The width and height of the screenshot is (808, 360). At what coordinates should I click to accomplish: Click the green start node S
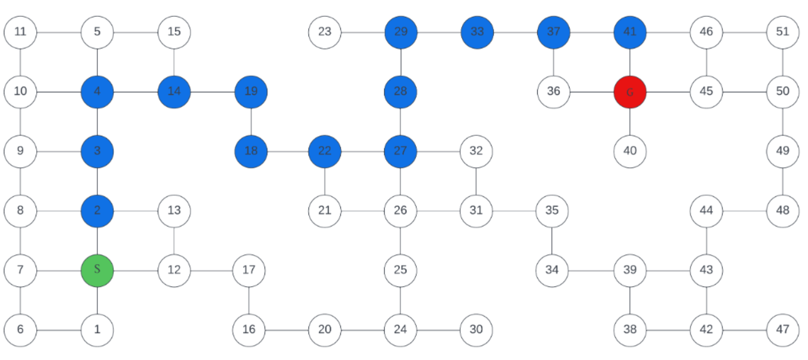97,270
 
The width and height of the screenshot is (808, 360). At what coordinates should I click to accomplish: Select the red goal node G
630,92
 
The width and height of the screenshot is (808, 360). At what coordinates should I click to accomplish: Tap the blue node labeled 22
325,152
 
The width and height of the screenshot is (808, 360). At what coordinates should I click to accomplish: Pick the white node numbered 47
782,330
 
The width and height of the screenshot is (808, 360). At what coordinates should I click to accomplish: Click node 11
20,32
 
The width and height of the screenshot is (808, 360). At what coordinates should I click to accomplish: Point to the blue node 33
477,32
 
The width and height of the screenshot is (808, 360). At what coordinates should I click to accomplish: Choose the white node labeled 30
476,330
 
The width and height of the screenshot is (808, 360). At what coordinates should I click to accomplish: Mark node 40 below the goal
630,152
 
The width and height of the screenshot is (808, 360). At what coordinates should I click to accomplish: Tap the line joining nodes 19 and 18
251,122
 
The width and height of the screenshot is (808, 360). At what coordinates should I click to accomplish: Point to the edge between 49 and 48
782,181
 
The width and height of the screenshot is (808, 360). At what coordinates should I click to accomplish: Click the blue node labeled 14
174,92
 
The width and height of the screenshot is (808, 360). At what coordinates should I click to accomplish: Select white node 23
325,32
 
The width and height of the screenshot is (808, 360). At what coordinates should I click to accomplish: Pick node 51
782,32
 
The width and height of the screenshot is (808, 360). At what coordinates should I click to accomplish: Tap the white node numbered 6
20,330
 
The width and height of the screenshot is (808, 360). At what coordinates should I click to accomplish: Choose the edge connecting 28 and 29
401,62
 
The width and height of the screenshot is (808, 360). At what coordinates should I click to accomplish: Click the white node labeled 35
552,211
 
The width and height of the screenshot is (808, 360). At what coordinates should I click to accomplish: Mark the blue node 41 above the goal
630,32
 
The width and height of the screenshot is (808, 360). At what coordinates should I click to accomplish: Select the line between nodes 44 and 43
707,240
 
